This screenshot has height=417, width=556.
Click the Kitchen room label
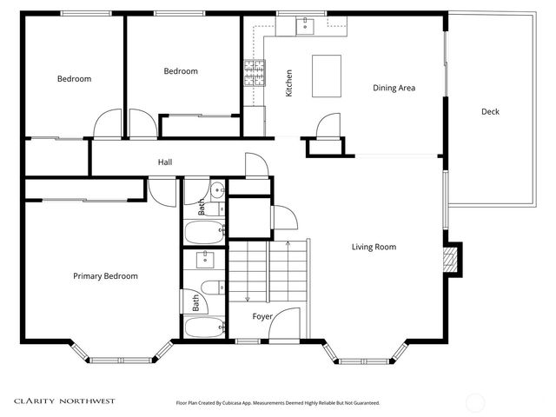pos(288,83)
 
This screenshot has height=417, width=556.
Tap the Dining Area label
pos(394,88)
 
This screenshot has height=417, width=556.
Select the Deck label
pos(490,111)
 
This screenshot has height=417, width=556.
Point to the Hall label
pos(165,162)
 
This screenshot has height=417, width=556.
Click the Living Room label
pos(374,247)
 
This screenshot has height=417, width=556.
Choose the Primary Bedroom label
pos(105,276)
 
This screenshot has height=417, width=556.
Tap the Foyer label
pos(262,317)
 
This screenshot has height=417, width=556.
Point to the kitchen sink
pos(305,27)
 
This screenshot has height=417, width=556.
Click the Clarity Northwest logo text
pos(64,401)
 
